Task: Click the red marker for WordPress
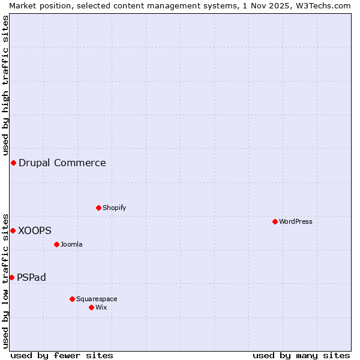[275, 221]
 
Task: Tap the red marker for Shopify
[98, 208]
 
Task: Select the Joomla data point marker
[56, 244]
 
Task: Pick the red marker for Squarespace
[72, 299]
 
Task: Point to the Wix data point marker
[91, 307]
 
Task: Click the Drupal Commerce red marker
[13, 163]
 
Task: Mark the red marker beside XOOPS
[13, 230]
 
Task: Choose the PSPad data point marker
[11, 277]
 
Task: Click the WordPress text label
[296, 221]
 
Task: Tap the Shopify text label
[115, 208]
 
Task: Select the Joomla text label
[71, 244]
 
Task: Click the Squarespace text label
[97, 299]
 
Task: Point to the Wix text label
[101, 307]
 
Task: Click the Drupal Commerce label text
[62, 163]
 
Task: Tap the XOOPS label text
[35, 230]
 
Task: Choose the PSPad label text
[31, 277]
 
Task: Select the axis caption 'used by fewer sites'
[62, 355]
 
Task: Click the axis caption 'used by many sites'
[301, 355]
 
